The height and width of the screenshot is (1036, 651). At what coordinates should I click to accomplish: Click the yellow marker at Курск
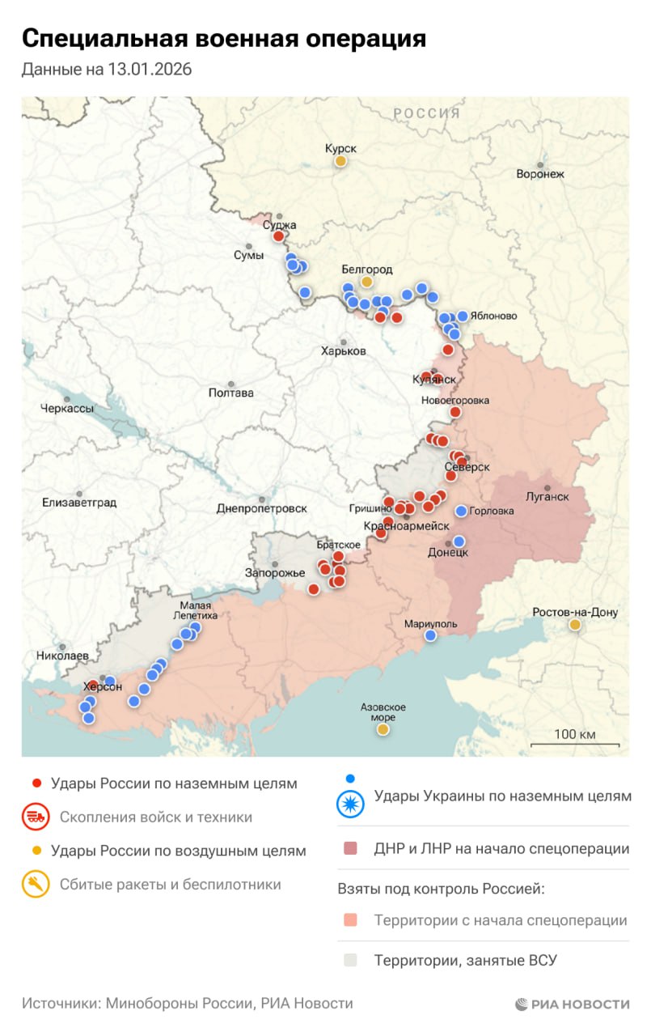341,161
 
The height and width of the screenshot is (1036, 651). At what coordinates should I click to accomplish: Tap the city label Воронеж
540,173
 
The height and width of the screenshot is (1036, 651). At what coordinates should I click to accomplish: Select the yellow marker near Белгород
367,282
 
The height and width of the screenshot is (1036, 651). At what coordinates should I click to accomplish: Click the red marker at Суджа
278,236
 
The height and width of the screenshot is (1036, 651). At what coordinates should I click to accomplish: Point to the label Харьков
344,351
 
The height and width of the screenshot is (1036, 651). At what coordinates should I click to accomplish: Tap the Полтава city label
231,393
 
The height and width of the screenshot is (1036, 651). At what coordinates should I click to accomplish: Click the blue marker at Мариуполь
430,635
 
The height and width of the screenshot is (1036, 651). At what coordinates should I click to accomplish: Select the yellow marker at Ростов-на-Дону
574,625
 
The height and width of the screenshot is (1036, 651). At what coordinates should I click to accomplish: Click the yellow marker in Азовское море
383,729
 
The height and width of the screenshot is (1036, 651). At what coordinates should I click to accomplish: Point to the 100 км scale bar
575,744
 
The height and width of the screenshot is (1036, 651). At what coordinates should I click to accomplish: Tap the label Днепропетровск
262,508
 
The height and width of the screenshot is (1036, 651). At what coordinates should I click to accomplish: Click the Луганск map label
547,496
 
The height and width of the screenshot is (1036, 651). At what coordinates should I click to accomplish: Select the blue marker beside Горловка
461,511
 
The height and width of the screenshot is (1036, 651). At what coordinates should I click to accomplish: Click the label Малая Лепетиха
196,610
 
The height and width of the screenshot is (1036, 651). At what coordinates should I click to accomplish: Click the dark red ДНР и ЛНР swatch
350,849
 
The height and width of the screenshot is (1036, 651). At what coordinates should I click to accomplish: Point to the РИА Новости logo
573,1004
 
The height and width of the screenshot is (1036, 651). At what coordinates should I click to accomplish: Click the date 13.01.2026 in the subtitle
149,70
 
